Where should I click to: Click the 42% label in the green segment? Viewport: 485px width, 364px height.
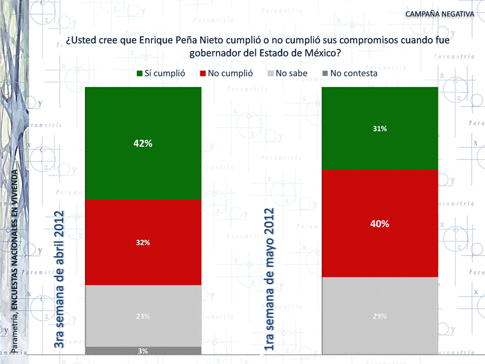pyautogui.click(x=143, y=143)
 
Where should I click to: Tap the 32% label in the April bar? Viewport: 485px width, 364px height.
pyautogui.click(x=143, y=242)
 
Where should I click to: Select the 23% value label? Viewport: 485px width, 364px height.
pyautogui.click(x=143, y=316)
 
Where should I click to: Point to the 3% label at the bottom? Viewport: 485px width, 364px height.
pyautogui.click(x=143, y=350)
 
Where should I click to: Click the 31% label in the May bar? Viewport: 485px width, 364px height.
pyautogui.click(x=380, y=129)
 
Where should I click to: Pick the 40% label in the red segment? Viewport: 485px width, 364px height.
pyautogui.click(x=380, y=224)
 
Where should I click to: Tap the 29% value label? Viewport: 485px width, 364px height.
pyautogui.click(x=380, y=316)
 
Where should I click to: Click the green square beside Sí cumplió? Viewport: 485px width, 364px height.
pyautogui.click(x=140, y=74)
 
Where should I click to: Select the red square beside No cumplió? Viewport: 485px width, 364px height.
pyautogui.click(x=203, y=74)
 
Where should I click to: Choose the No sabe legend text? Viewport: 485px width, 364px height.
pyautogui.click(x=291, y=73)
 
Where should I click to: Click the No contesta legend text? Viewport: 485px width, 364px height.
pyautogui.click(x=353, y=73)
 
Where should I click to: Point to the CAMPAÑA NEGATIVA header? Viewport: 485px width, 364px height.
pyautogui.click(x=440, y=13)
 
